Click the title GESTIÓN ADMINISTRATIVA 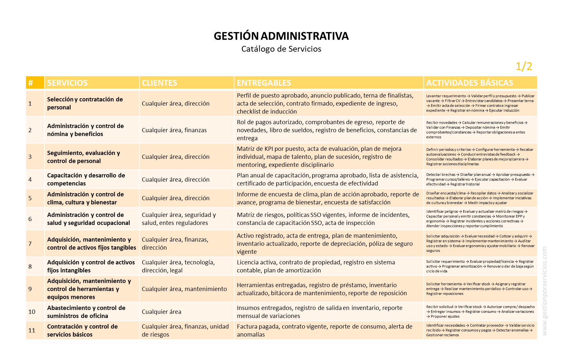point(281,36)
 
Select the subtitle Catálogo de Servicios point(281,49)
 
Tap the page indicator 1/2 point(524,66)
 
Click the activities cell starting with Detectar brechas point(480,179)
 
